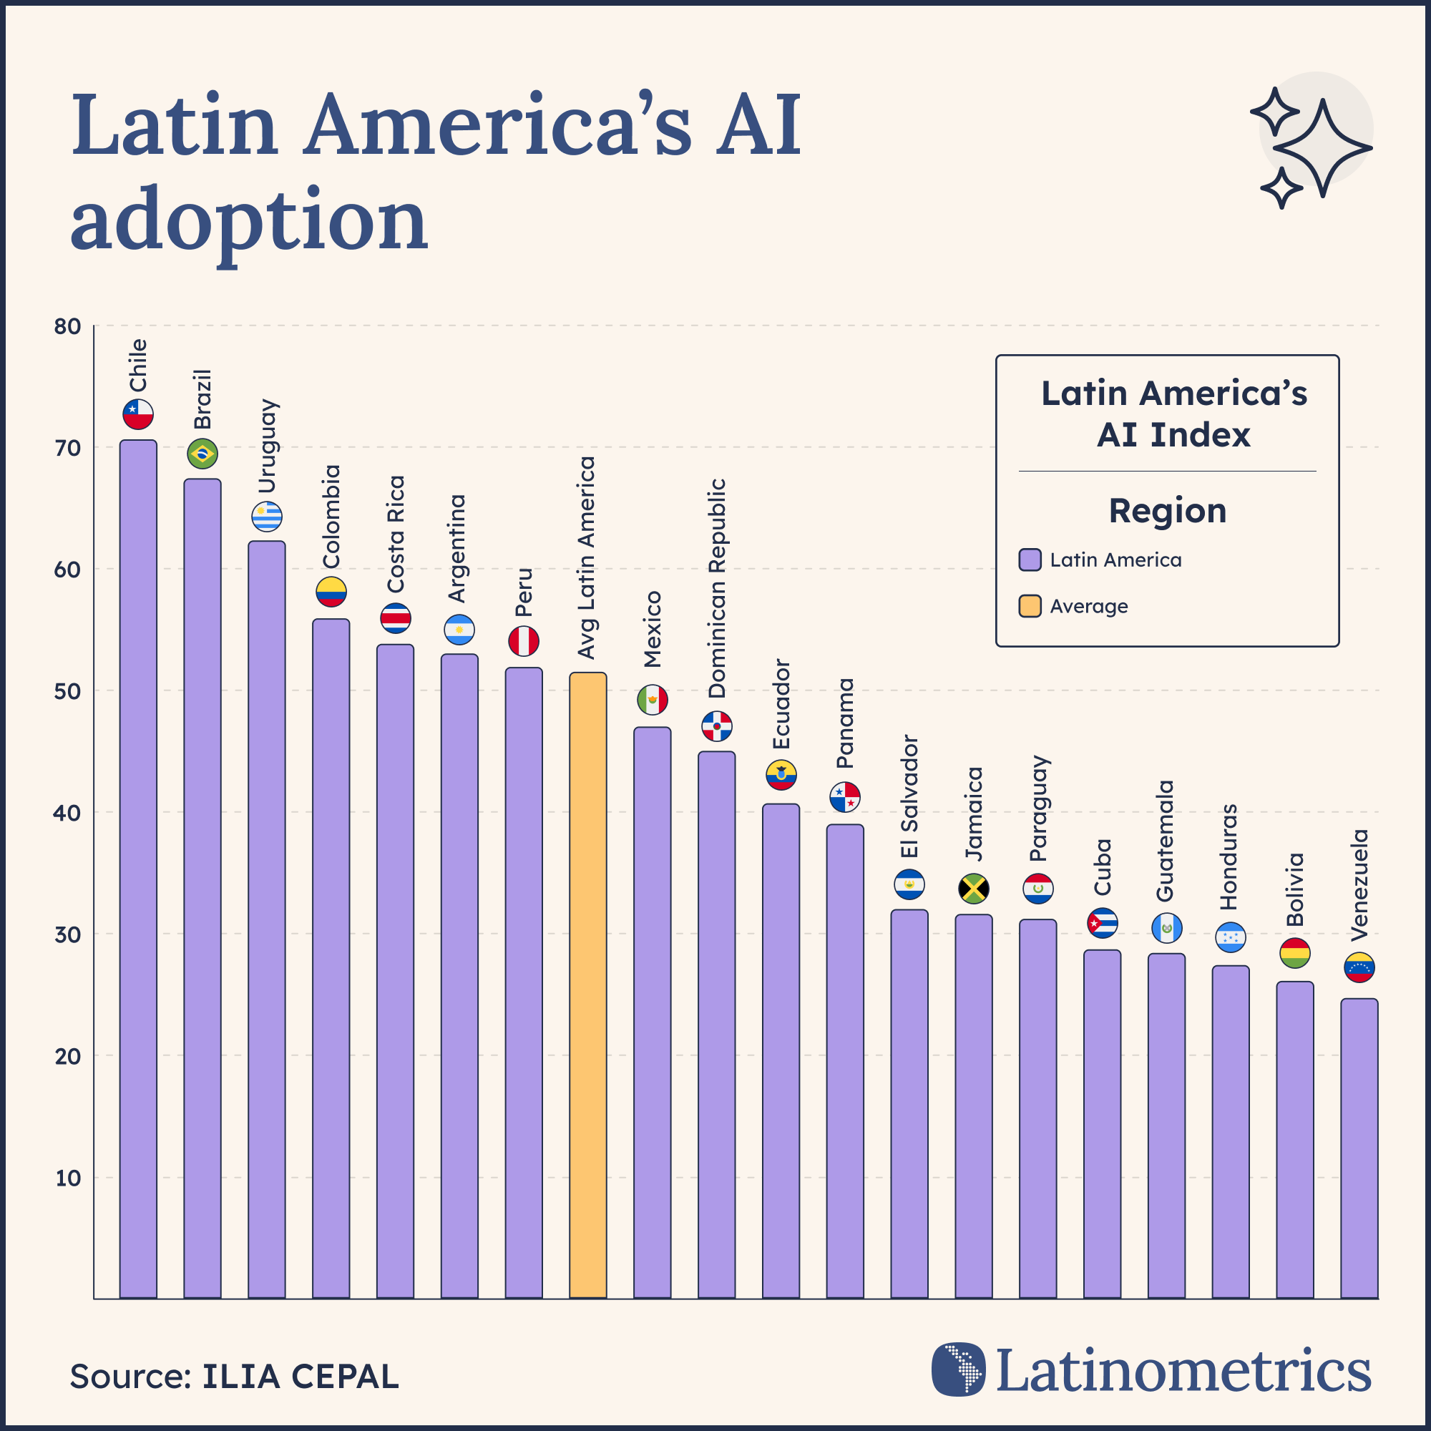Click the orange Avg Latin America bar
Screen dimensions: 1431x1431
pos(587,985)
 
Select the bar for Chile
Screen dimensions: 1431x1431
pos(139,866)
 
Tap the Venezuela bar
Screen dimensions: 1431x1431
pos(1359,1148)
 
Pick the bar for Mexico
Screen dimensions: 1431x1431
pos(652,1011)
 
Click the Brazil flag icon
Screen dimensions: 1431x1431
pos(202,454)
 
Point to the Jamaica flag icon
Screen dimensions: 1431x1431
pos(973,888)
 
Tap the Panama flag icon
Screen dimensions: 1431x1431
pos(844,797)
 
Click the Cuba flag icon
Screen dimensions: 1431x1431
pos(1102,923)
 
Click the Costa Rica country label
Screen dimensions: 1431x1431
pos(396,533)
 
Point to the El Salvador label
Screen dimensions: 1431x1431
pos(909,796)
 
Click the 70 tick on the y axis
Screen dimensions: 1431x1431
pos(67,448)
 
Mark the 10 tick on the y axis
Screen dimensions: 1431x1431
pos(67,1178)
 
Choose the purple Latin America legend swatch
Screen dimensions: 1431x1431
pos(1030,560)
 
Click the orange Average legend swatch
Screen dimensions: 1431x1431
pos(1030,606)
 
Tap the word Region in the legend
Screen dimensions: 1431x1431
pos(1167,510)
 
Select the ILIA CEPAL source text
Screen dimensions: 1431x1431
pos(300,1376)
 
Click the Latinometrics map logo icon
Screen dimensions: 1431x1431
pos(959,1369)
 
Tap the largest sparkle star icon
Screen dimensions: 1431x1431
pos(1323,148)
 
